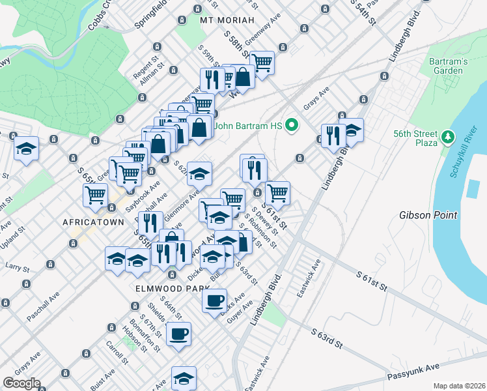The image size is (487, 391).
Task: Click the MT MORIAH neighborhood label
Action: pos(227,20)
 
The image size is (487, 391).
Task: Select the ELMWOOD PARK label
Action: pos(163,287)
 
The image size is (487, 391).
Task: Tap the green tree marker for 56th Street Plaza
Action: pos(447,137)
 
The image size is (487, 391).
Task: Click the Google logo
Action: pos(21,383)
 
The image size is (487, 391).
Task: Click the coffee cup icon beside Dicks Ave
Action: pos(214,300)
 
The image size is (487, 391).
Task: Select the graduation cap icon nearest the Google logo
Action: pos(184,377)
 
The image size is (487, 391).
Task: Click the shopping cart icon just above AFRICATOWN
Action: pos(95,194)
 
